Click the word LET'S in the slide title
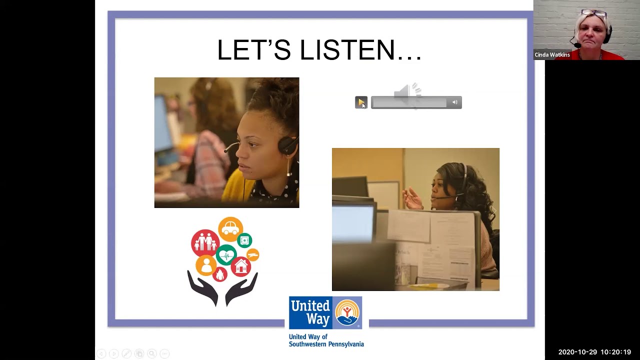point(254,50)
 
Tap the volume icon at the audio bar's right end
point(454,102)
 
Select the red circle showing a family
point(205,243)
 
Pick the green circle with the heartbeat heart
point(226,255)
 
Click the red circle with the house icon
point(241,266)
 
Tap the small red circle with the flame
point(220,274)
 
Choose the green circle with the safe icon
point(244,240)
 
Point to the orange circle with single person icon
point(205,265)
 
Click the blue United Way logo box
point(310,312)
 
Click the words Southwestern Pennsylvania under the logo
point(326,344)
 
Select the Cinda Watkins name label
point(552,55)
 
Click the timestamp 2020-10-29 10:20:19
point(594,352)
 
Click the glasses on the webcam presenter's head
point(593,12)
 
